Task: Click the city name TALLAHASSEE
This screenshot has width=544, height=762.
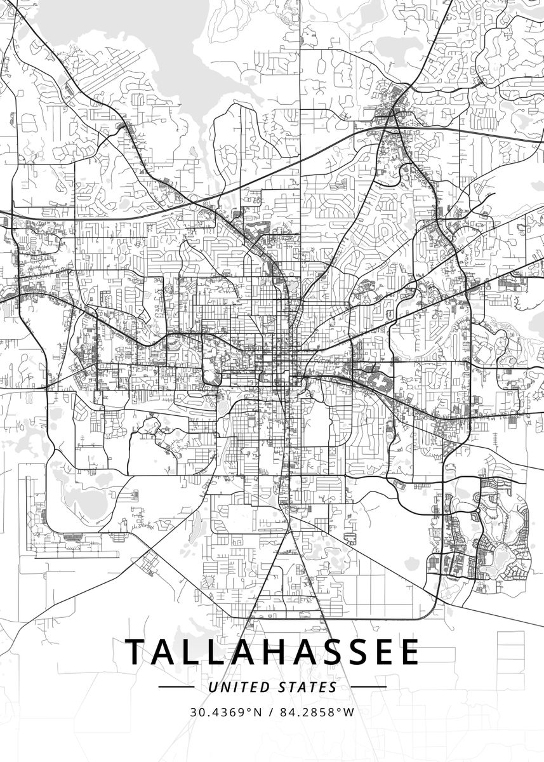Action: (272, 652)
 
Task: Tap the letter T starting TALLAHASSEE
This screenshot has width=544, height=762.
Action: (136, 652)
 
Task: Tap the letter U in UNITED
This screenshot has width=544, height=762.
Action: (213, 687)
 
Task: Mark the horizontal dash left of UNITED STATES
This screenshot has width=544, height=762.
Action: (176, 687)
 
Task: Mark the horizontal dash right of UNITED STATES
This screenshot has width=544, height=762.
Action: (368, 687)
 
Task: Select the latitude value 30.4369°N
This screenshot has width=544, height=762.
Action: (225, 712)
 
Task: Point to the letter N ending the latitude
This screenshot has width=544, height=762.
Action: (257, 712)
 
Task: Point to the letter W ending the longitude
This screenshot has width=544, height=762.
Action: (349, 712)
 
